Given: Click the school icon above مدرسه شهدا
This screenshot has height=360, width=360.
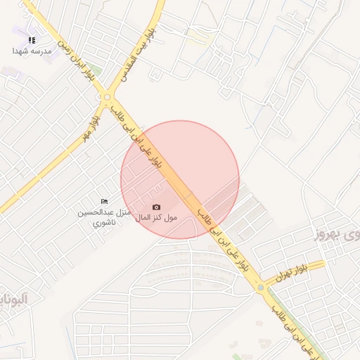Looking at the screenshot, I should tap(32, 40).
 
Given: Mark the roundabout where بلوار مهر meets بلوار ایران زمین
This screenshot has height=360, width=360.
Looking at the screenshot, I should tap(108, 98).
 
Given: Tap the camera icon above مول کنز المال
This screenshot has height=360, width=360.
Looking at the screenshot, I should tap(156, 207).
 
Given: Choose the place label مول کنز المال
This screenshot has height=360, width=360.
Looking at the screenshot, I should tap(156, 217).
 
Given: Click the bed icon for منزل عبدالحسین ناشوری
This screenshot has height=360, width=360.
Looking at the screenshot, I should tap(105, 202).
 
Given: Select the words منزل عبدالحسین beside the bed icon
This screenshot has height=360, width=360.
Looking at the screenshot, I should tap(105, 212).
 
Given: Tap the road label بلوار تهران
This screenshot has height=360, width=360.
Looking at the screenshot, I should tap(292, 274).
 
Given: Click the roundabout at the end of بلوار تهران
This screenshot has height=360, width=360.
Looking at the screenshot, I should tap(261, 288).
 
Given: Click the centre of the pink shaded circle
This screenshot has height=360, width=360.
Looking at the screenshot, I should tap(180, 179).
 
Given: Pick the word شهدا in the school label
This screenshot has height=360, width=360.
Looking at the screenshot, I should tap(20, 51).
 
